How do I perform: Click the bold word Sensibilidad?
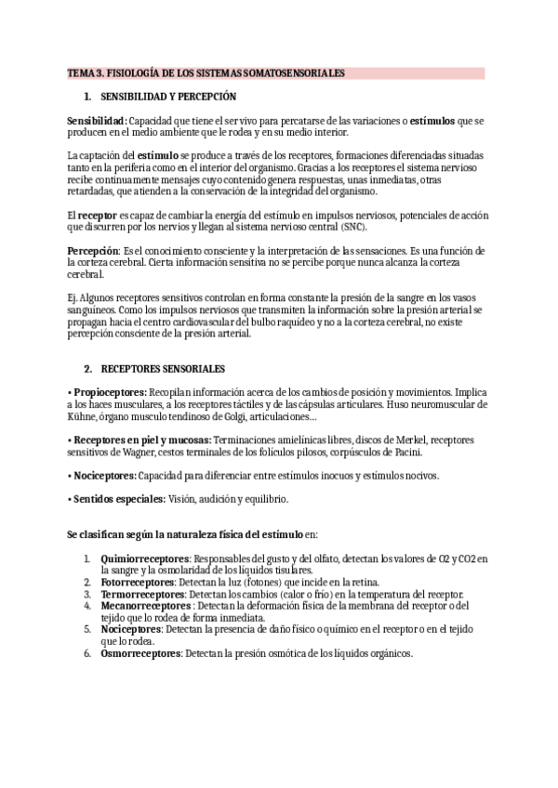(97, 122)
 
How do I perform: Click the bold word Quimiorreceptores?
(138, 559)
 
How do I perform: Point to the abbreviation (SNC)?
(351, 226)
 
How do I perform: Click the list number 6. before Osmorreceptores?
(86, 652)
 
